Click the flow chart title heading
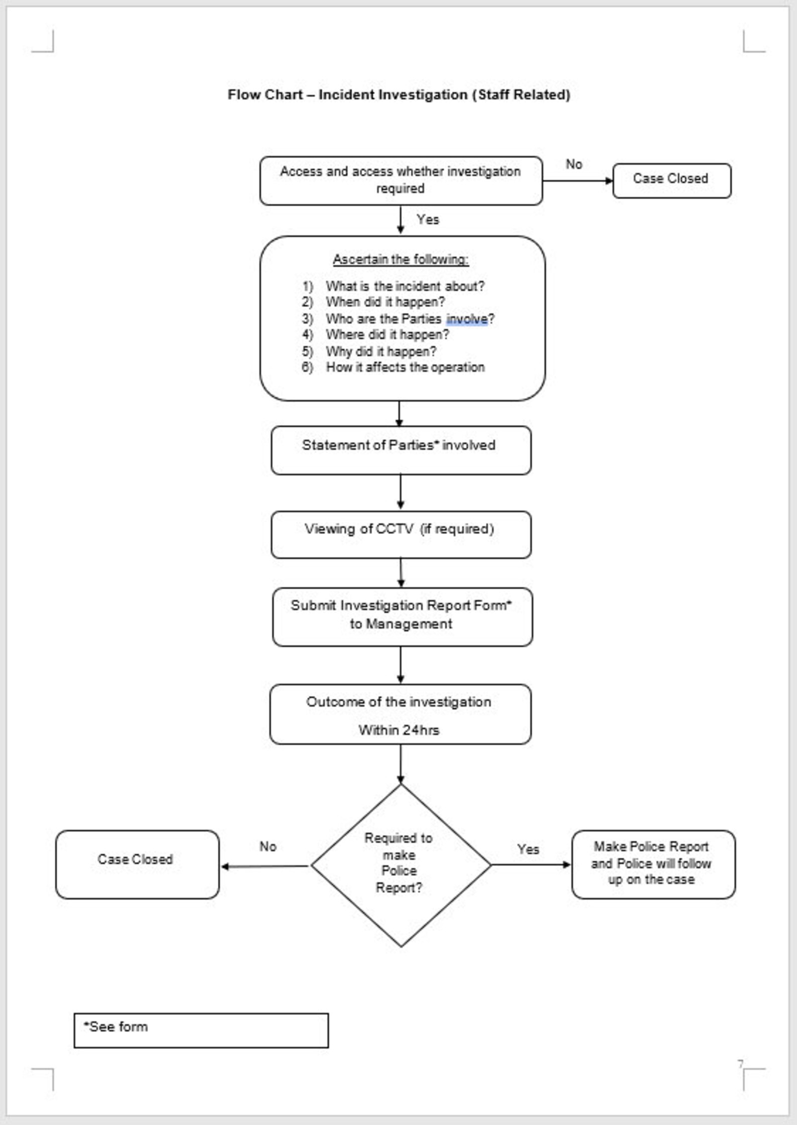tap(398, 94)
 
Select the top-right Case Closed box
tap(671, 180)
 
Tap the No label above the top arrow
tap(574, 164)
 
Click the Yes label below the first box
tap(427, 219)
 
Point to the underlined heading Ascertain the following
tap(401, 259)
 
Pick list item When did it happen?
tap(385, 302)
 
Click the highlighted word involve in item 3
tap(467, 319)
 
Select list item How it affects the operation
tap(405, 367)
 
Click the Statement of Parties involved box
tap(401, 450)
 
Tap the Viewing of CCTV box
tap(401, 534)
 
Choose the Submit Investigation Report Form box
tap(402, 616)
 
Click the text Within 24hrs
tap(399, 730)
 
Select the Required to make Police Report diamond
tap(400, 865)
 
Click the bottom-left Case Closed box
tap(137, 864)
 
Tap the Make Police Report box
tap(652, 864)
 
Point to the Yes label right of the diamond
tap(528, 849)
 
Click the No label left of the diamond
tap(268, 846)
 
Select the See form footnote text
tap(116, 1027)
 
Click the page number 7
tap(740, 1063)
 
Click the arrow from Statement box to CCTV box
tap(400, 492)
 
